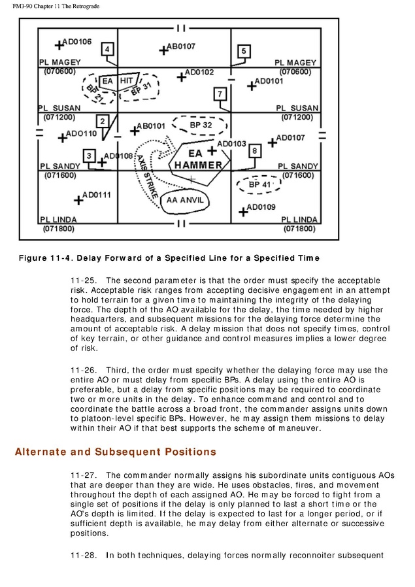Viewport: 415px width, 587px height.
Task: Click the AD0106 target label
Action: click(77, 42)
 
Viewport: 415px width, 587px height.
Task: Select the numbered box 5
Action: click(242, 52)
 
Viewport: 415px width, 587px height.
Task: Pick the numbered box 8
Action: click(254, 150)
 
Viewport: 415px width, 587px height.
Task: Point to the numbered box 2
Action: click(101, 121)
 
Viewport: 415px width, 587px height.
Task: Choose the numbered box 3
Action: click(90, 156)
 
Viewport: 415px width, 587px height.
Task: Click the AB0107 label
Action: click(181, 46)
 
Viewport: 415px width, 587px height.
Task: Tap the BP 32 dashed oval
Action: click(201, 125)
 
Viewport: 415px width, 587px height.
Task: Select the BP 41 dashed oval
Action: click(259, 185)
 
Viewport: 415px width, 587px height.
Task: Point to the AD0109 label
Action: click(261, 207)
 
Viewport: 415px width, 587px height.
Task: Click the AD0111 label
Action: click(97, 195)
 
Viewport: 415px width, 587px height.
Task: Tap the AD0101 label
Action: click(269, 81)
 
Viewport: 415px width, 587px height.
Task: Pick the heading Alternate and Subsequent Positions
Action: click(115, 452)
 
